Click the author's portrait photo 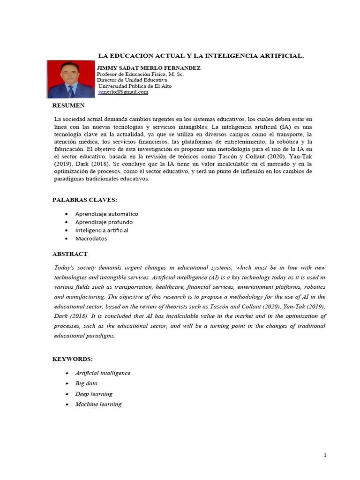pos(71,78)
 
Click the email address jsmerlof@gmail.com pos(123,92)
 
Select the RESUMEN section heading pos(68,105)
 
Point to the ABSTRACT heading pos(69,254)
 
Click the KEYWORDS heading pos(73,359)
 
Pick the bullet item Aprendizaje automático pos(106,214)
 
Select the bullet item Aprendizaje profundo pos(104,222)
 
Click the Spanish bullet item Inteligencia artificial pos(101,230)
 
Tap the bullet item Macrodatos pos(91,238)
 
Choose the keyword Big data pos(87,383)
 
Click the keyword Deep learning pos(94,394)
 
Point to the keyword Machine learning pos(98,404)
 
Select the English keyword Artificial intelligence pos(103,373)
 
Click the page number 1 pos(324,456)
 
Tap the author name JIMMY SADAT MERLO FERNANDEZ pos(148,68)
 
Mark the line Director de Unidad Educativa pos(128,80)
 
